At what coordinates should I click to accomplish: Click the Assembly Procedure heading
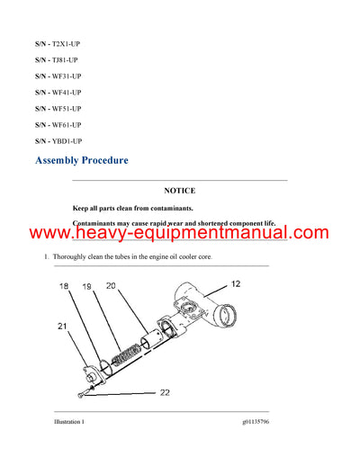(81, 161)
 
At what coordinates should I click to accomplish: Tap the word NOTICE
(179, 191)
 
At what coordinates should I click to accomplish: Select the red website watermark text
(180, 233)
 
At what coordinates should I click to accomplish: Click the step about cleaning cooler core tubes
(135, 258)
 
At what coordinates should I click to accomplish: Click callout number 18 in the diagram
(63, 286)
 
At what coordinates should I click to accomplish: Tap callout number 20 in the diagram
(111, 286)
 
